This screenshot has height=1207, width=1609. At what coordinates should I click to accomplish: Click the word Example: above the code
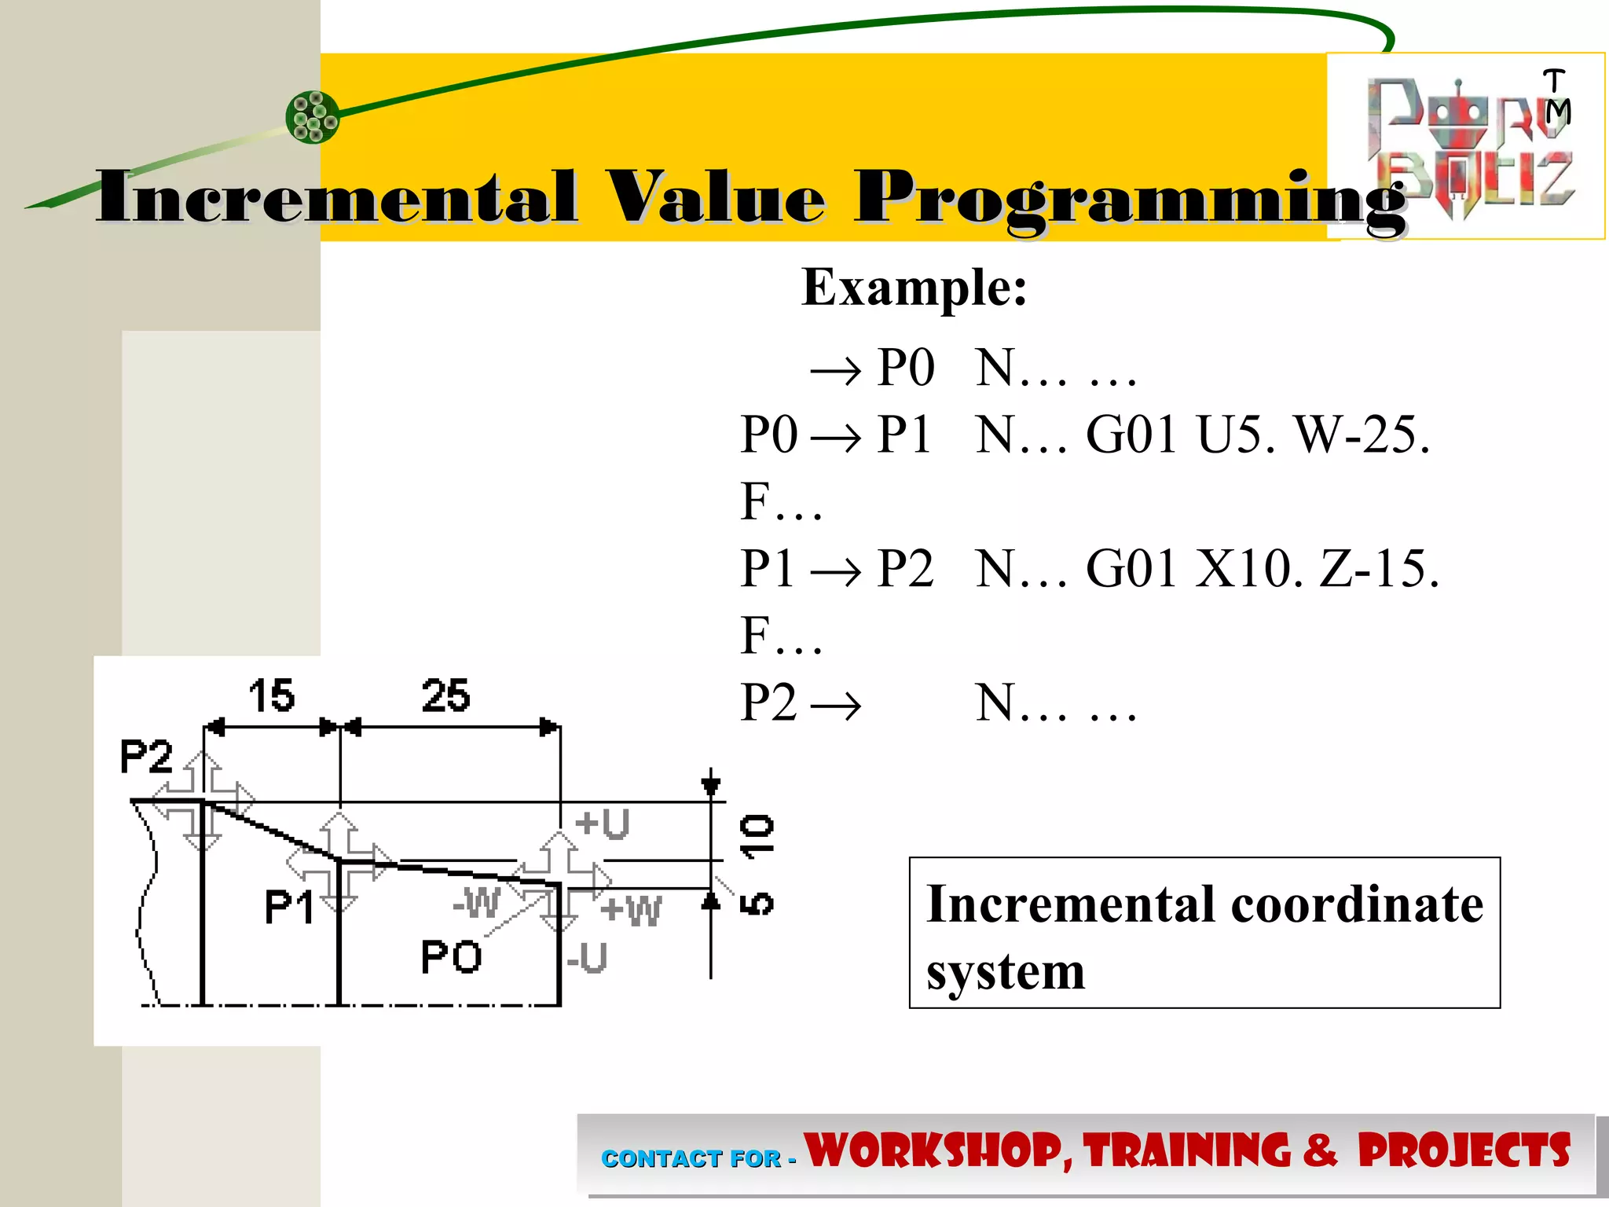914,288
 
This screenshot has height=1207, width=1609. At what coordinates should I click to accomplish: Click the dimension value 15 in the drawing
272,696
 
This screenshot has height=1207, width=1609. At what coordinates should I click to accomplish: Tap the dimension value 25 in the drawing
445,696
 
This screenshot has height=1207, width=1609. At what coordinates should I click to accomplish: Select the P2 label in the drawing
146,758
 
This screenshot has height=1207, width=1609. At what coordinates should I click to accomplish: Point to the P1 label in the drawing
289,908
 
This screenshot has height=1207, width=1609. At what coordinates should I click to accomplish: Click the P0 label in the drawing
451,957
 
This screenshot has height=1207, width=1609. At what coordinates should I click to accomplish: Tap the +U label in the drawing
603,824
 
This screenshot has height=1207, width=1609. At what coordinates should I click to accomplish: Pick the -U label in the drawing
587,958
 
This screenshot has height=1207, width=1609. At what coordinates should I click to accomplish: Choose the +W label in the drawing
631,911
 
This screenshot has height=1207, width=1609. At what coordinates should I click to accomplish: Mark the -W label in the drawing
477,902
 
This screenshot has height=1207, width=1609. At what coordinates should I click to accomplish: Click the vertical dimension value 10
757,835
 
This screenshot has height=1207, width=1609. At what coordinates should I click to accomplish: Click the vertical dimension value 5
757,904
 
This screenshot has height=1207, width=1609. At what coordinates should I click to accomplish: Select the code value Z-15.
1380,568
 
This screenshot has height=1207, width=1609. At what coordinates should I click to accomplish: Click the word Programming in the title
1130,200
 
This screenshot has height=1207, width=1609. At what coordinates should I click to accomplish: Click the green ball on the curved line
313,118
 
